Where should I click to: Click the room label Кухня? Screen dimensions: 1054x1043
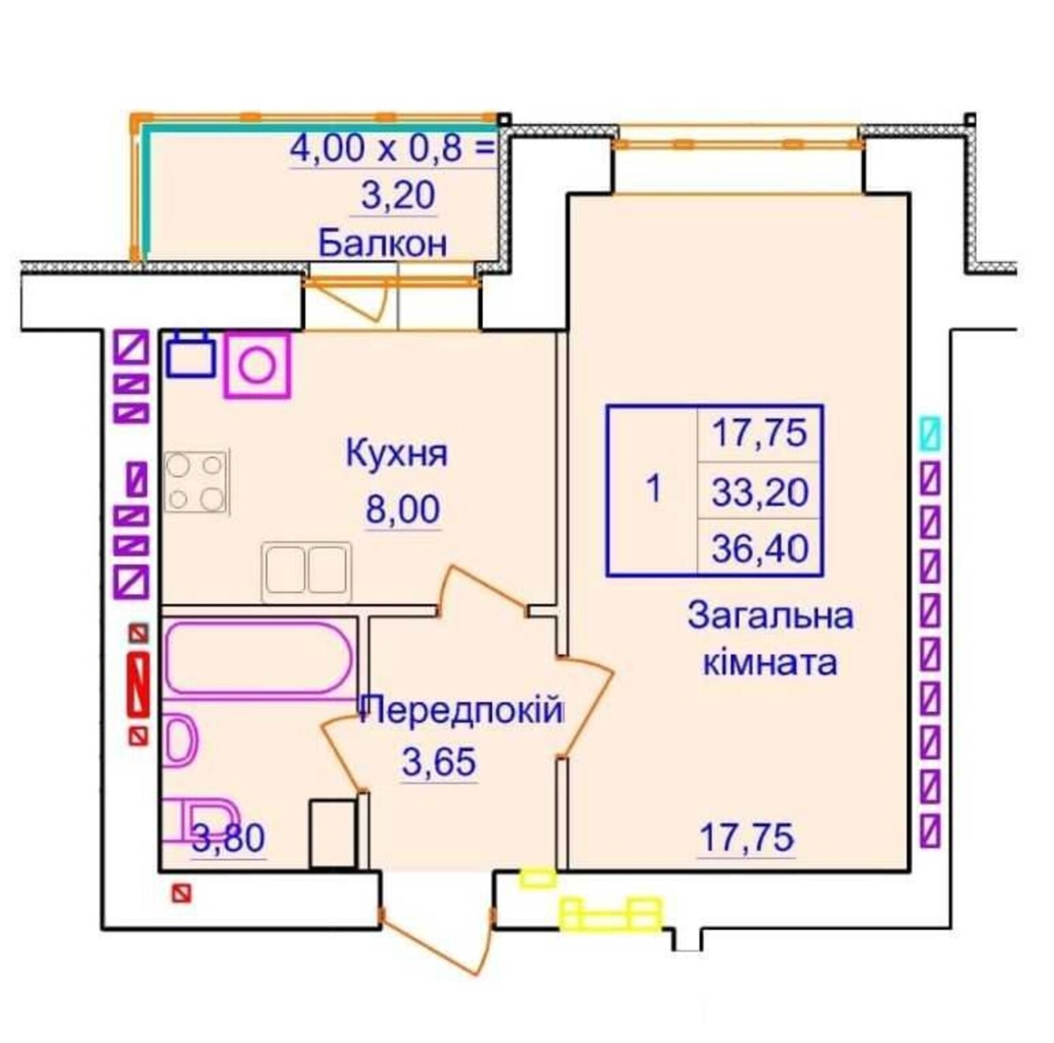[x=397, y=454]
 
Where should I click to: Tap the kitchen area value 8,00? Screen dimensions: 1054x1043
[x=402, y=509]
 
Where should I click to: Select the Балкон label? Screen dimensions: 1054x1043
[x=383, y=243]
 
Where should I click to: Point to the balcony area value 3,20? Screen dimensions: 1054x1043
[x=398, y=195]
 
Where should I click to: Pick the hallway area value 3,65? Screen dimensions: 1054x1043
[x=439, y=762]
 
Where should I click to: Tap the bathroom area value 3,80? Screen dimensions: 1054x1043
[x=229, y=838]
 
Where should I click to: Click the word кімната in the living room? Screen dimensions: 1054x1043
[x=770, y=662]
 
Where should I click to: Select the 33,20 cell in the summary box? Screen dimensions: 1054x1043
[x=760, y=492]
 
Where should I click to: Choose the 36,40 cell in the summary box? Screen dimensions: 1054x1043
[x=760, y=548]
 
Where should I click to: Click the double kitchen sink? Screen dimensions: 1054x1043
[x=306, y=572]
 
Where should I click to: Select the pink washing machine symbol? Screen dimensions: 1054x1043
[x=257, y=365]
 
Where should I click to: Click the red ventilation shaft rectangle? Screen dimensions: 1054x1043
[x=138, y=684]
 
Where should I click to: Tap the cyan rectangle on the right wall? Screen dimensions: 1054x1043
[x=929, y=433]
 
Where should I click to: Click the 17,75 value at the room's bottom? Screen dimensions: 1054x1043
[x=746, y=838]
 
